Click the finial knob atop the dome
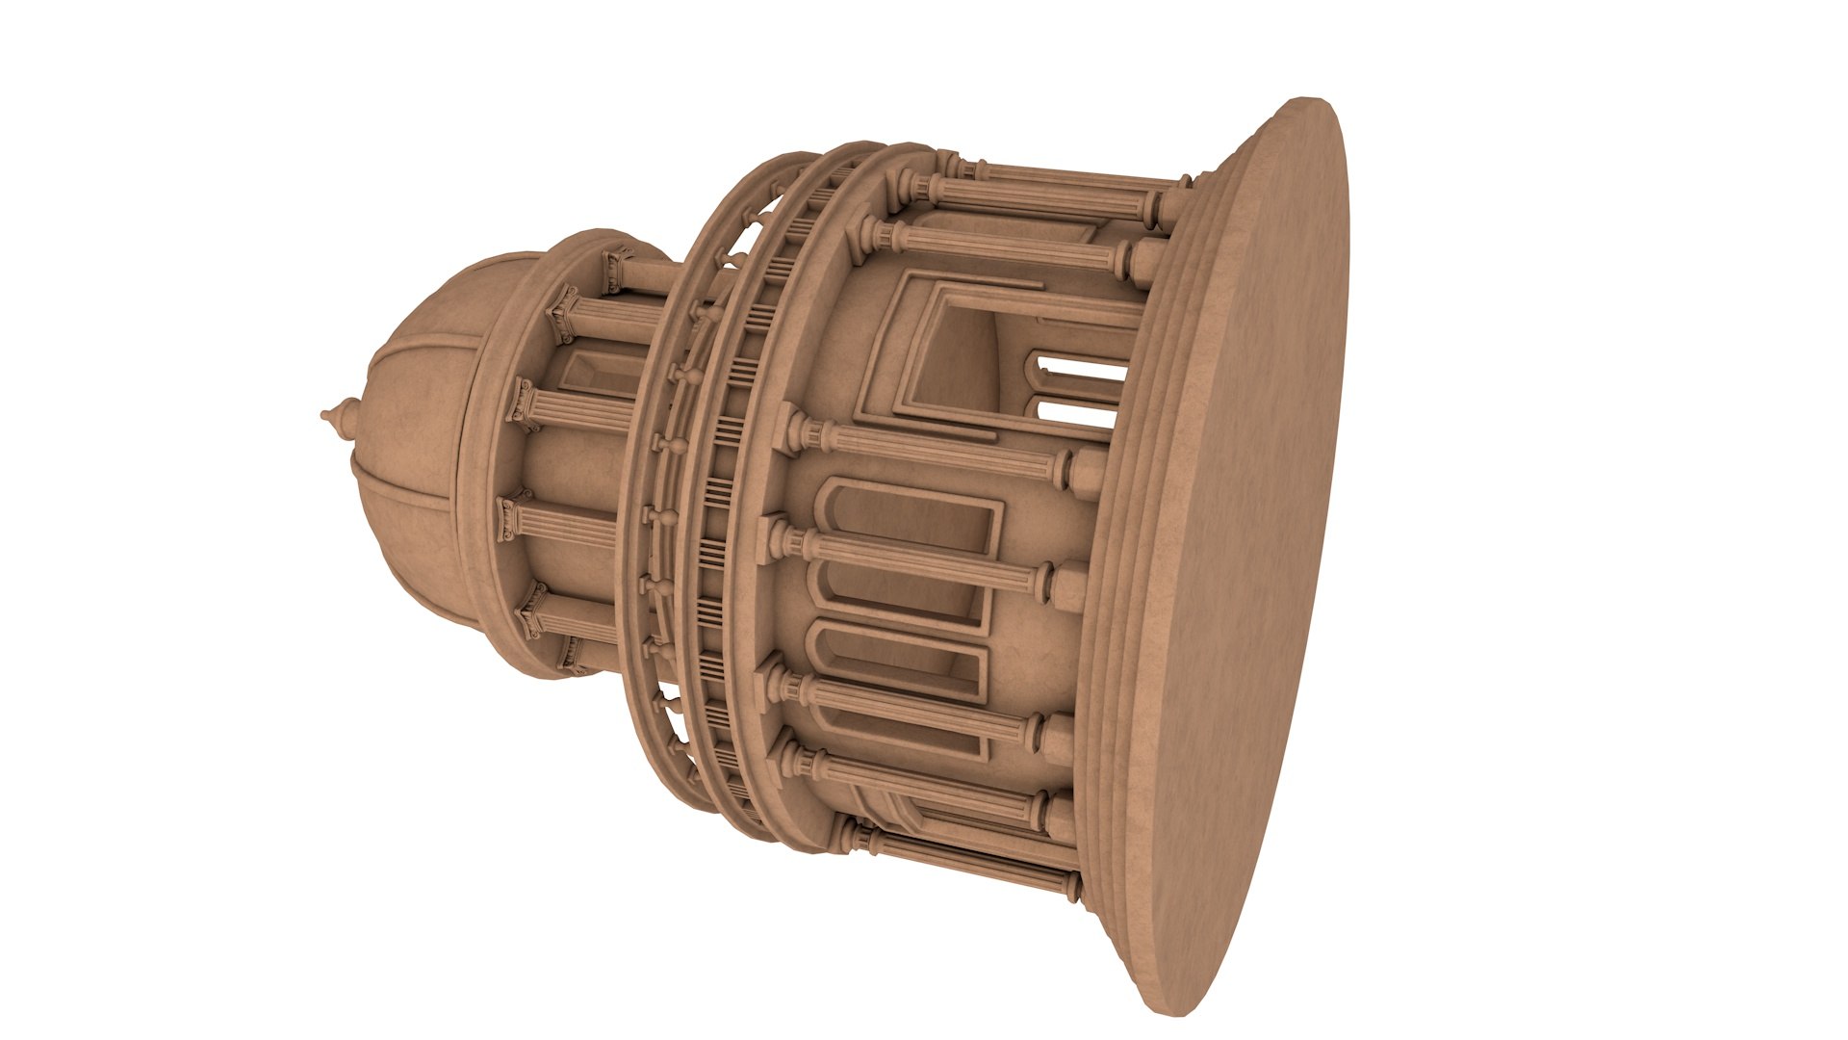pyautogui.click(x=333, y=416)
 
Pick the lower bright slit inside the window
pyautogui.click(x=1073, y=412)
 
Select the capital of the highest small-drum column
pyautogui.click(x=616, y=262)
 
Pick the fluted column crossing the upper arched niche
pyautogui.click(x=914, y=559)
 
